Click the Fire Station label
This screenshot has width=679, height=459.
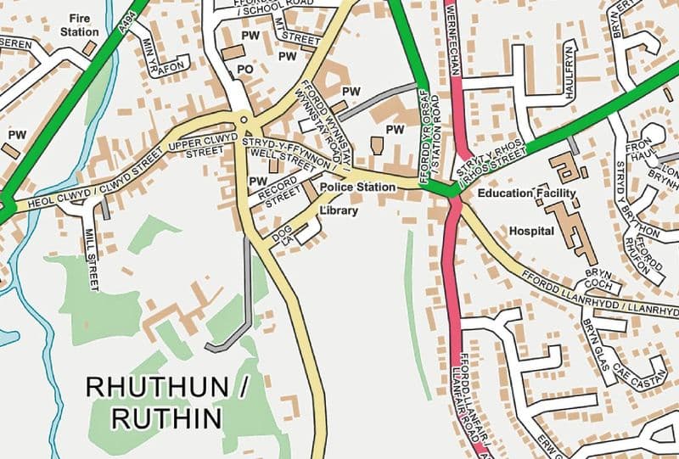pos(79,24)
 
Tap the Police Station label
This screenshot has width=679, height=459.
pos(358,187)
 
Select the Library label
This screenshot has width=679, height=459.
pos(339,210)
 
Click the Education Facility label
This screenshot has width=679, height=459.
pos(526,193)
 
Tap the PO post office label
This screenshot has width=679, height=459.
pos(246,68)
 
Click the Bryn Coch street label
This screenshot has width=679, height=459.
pos(598,279)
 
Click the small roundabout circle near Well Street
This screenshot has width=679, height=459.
pos(244,121)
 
